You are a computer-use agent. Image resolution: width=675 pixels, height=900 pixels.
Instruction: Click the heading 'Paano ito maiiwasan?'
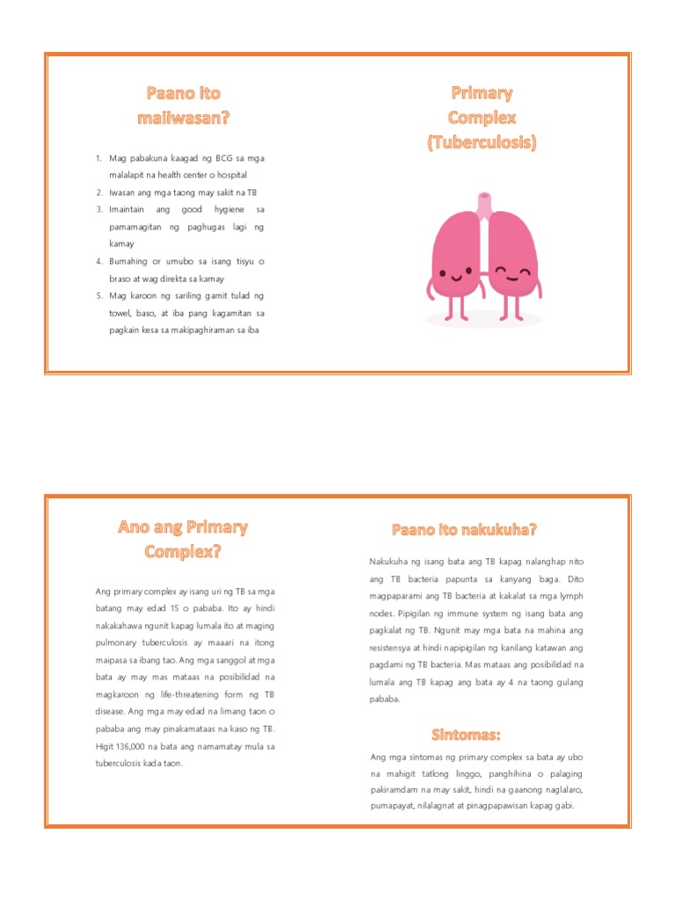click(x=183, y=105)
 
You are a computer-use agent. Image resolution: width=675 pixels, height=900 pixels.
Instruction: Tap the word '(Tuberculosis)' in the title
click(x=482, y=142)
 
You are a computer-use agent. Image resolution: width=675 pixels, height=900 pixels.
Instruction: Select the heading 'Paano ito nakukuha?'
click(x=464, y=529)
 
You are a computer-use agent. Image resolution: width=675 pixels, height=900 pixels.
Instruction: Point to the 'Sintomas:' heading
click(x=466, y=734)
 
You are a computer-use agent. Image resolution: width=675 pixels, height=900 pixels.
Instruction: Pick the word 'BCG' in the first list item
click(x=214, y=158)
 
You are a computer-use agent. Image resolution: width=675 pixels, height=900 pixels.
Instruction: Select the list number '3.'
click(x=99, y=210)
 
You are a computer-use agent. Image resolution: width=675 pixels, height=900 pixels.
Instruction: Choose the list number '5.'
click(x=99, y=296)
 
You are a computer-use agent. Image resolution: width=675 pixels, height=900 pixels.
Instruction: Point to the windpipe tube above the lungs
click(x=482, y=204)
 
